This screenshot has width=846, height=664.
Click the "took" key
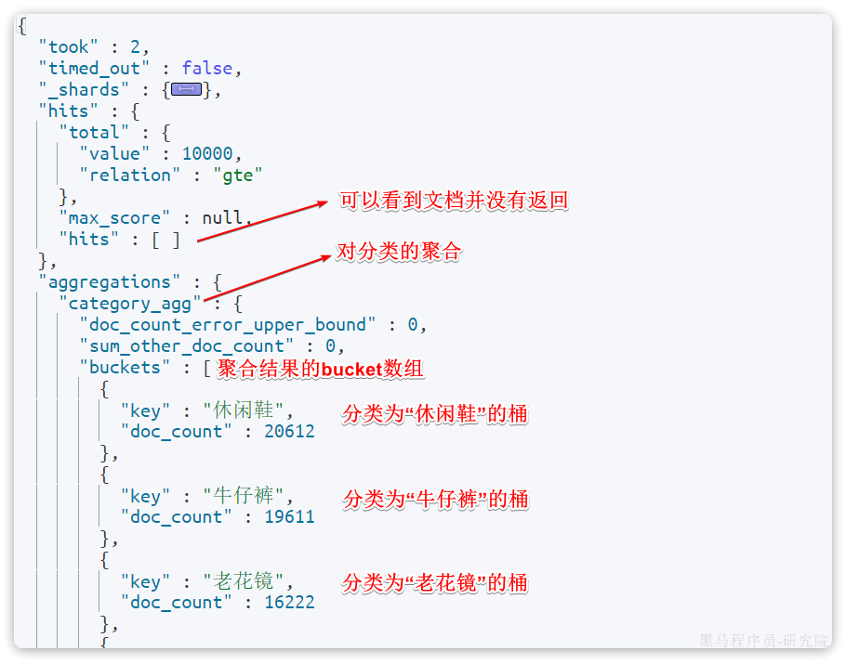tap(69, 46)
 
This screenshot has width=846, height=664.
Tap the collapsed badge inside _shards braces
tap(187, 89)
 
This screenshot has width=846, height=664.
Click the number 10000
tap(212, 153)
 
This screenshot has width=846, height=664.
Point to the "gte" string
tap(238, 175)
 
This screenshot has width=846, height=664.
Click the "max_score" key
tap(114, 217)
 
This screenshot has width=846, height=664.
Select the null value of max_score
tap(222, 217)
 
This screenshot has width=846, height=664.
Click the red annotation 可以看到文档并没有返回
tap(453, 201)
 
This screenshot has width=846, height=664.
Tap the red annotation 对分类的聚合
tap(399, 252)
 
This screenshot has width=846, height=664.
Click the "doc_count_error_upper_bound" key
tap(228, 324)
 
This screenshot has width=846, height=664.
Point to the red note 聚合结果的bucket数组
tap(321, 369)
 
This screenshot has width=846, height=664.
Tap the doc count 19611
tap(289, 516)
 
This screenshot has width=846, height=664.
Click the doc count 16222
tap(289, 602)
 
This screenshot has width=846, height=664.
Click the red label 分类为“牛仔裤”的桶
tap(435, 499)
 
